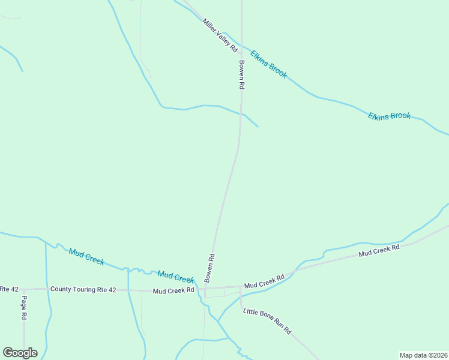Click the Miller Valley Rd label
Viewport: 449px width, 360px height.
pyautogui.click(x=220, y=35)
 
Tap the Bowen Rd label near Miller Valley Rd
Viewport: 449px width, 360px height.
pyautogui.click(x=241, y=75)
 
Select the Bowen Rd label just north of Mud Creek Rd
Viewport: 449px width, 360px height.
pyautogui.click(x=209, y=268)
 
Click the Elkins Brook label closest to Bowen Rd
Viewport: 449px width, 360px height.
pyautogui.click(x=269, y=64)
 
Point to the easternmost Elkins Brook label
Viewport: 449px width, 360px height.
pyautogui.click(x=389, y=115)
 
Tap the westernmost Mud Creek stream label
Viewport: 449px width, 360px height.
pyautogui.click(x=87, y=257)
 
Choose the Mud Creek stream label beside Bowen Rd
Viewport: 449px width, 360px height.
pyautogui.click(x=176, y=277)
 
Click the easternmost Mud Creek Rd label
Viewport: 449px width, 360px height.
pyautogui.click(x=379, y=250)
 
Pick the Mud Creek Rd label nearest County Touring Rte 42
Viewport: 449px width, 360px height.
pyautogui.click(x=173, y=290)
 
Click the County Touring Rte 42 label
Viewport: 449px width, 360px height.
pyautogui.click(x=83, y=289)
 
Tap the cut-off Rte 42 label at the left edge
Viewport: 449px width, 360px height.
pyautogui.click(x=8, y=289)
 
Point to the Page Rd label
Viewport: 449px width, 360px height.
pyautogui.click(x=24, y=307)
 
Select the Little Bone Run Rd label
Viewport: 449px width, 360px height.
pyautogui.click(x=267, y=321)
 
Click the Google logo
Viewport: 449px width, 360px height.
pyautogui.click(x=20, y=353)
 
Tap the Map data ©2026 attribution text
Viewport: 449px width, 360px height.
pyautogui.click(x=423, y=355)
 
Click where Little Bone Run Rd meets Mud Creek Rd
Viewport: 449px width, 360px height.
pyautogui.click(x=240, y=287)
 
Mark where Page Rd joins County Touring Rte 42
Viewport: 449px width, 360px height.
pyautogui.click(x=24, y=289)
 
